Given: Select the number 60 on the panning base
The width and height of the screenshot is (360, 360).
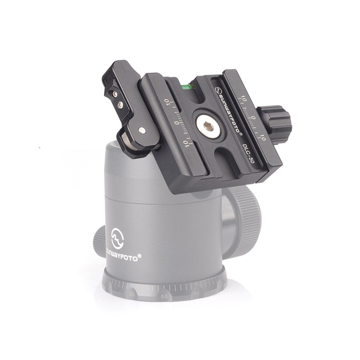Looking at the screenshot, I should point(163,297).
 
